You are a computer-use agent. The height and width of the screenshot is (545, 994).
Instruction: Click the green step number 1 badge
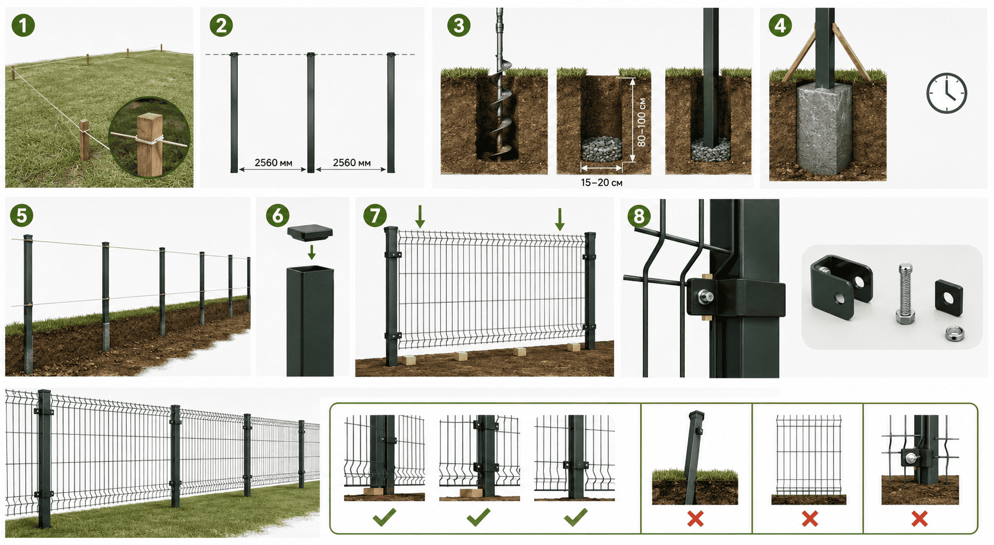point(23,25)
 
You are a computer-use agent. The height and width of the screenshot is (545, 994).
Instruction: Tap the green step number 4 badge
point(780,25)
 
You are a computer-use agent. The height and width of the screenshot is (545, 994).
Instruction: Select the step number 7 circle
point(375,215)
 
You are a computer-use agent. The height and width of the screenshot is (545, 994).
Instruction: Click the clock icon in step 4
point(946,93)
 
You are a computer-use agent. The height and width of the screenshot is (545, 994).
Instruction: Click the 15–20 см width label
point(601,182)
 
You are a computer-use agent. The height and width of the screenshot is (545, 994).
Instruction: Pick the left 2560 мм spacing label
point(274,163)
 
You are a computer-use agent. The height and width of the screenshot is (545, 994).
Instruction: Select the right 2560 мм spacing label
point(352,163)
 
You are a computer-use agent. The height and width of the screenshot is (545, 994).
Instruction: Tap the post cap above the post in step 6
point(310,232)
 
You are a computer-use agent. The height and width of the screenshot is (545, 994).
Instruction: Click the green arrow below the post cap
point(312,252)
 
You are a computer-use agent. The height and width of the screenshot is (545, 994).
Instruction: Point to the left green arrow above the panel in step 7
point(420,217)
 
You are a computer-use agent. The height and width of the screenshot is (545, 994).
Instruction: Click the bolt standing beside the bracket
point(905,293)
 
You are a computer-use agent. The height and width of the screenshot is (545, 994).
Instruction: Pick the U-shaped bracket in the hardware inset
point(840,286)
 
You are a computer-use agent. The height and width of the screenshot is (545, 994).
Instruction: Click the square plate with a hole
point(949,297)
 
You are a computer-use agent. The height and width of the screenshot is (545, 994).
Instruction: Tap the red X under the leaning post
point(695,519)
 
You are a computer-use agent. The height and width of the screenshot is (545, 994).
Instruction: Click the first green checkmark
point(385,517)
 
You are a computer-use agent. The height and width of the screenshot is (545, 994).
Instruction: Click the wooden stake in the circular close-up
point(149,144)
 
